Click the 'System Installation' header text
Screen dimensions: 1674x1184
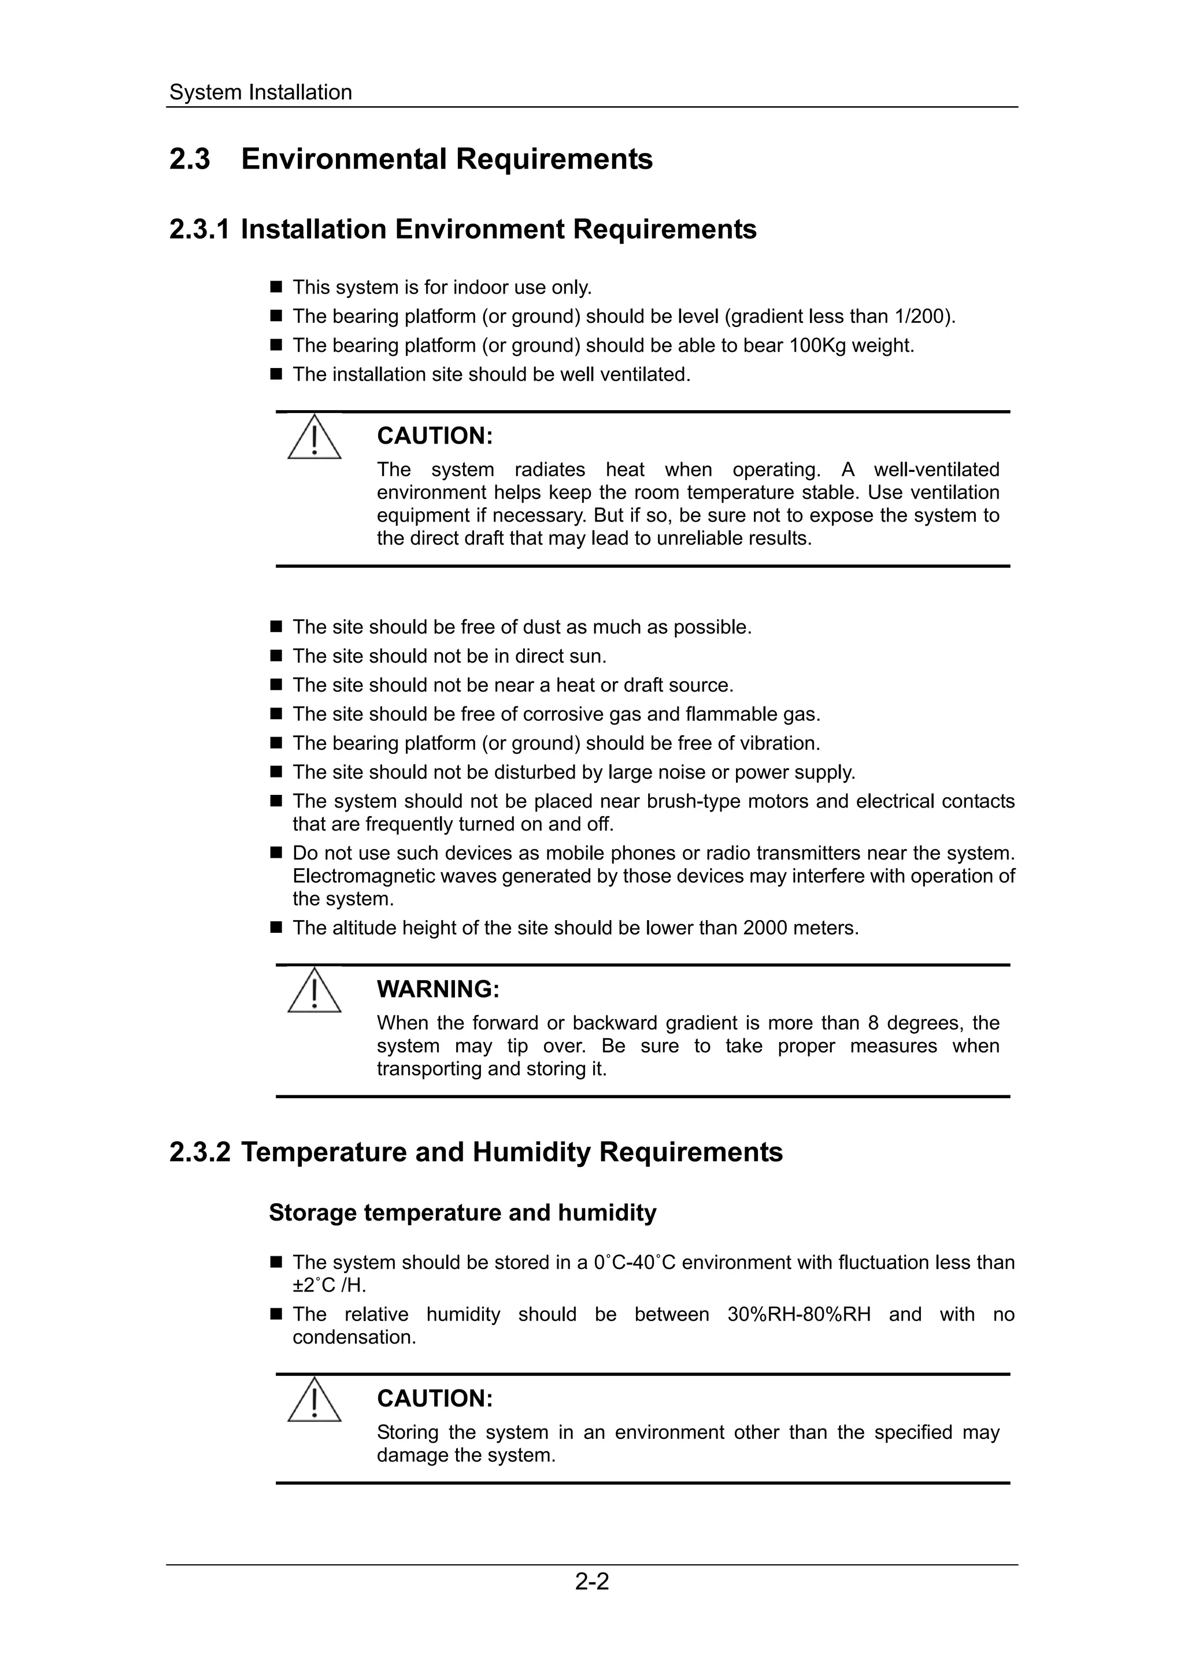(260, 92)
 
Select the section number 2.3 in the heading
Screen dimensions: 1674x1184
(190, 159)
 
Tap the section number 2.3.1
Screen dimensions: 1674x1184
(198, 230)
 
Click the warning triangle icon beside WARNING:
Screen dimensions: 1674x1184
(314, 990)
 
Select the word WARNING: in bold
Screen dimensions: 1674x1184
(438, 989)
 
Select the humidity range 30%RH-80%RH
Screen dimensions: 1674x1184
(799, 1315)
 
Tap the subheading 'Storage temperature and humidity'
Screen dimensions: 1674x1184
(462, 1212)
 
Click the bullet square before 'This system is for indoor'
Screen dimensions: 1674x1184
(276, 287)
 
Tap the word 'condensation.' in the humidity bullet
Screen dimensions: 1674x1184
(354, 1338)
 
